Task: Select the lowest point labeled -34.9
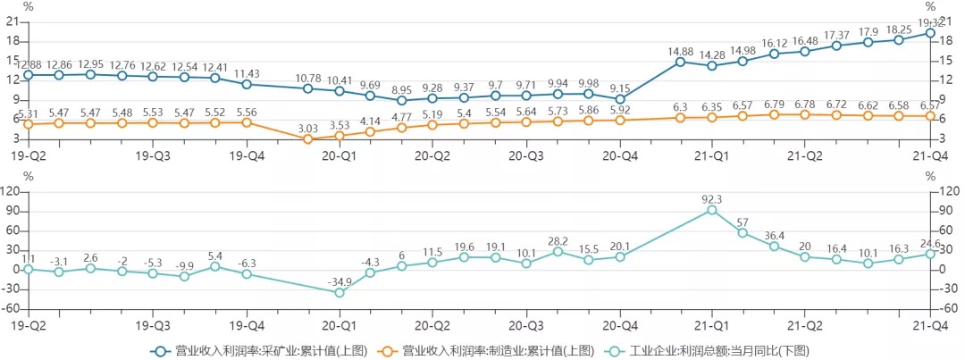coord(339,292)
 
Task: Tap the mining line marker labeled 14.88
coord(681,62)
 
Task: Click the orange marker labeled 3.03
coord(308,138)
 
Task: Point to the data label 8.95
coord(401,89)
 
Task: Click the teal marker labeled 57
coord(743,233)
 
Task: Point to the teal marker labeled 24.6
coord(929,254)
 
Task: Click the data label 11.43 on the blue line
coord(247,73)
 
